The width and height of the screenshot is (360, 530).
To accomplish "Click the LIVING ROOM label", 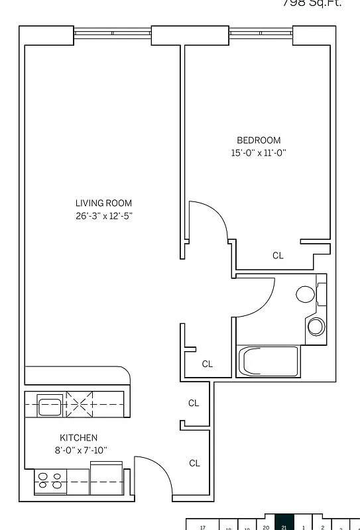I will (x=103, y=203).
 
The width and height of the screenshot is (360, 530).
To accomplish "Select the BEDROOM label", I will (x=259, y=140).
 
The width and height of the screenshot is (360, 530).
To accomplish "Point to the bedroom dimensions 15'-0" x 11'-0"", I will (x=259, y=152).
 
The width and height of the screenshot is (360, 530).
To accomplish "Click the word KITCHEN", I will (x=79, y=438).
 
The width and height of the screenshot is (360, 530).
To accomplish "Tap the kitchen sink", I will (x=50, y=405).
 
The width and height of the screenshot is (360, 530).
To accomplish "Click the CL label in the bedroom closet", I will (x=278, y=256).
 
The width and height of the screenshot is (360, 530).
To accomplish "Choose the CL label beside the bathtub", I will (x=207, y=364).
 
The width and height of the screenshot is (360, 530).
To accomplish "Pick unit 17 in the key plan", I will (x=204, y=527).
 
